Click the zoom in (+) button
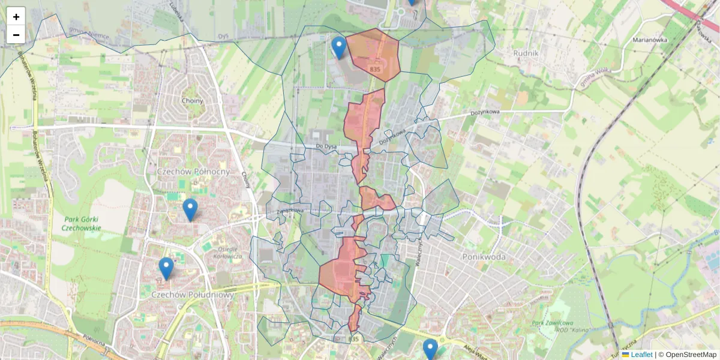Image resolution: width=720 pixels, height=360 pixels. coord(16,17)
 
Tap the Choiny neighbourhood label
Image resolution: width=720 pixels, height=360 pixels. coord(193,101)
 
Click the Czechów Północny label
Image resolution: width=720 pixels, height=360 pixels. coord(193,172)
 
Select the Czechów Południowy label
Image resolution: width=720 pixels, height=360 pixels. coord(184,295)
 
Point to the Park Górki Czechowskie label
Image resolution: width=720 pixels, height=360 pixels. coord(83,224)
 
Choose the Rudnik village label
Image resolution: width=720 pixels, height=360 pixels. coord(526,53)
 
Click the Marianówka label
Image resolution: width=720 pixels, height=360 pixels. coord(650,40)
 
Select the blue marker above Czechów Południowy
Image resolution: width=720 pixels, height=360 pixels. coord(166,268)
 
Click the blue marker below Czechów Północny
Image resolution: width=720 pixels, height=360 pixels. coord(190,209)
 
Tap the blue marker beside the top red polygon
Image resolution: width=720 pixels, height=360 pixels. coord(339,47)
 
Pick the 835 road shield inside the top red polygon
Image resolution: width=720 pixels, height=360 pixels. coord(375,70)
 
